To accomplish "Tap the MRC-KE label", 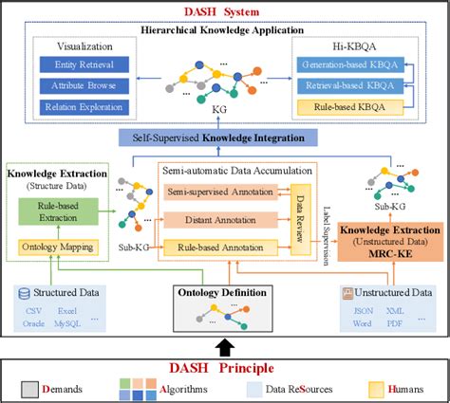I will tap(390, 255).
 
